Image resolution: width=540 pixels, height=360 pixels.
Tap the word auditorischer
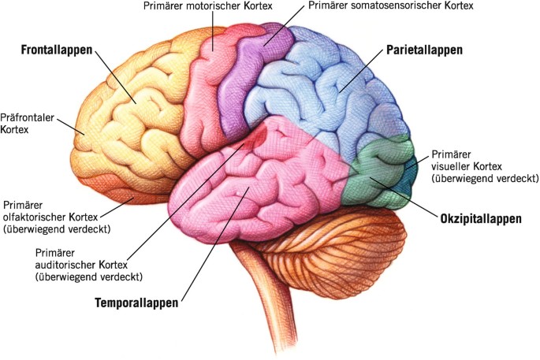click(68, 265)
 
